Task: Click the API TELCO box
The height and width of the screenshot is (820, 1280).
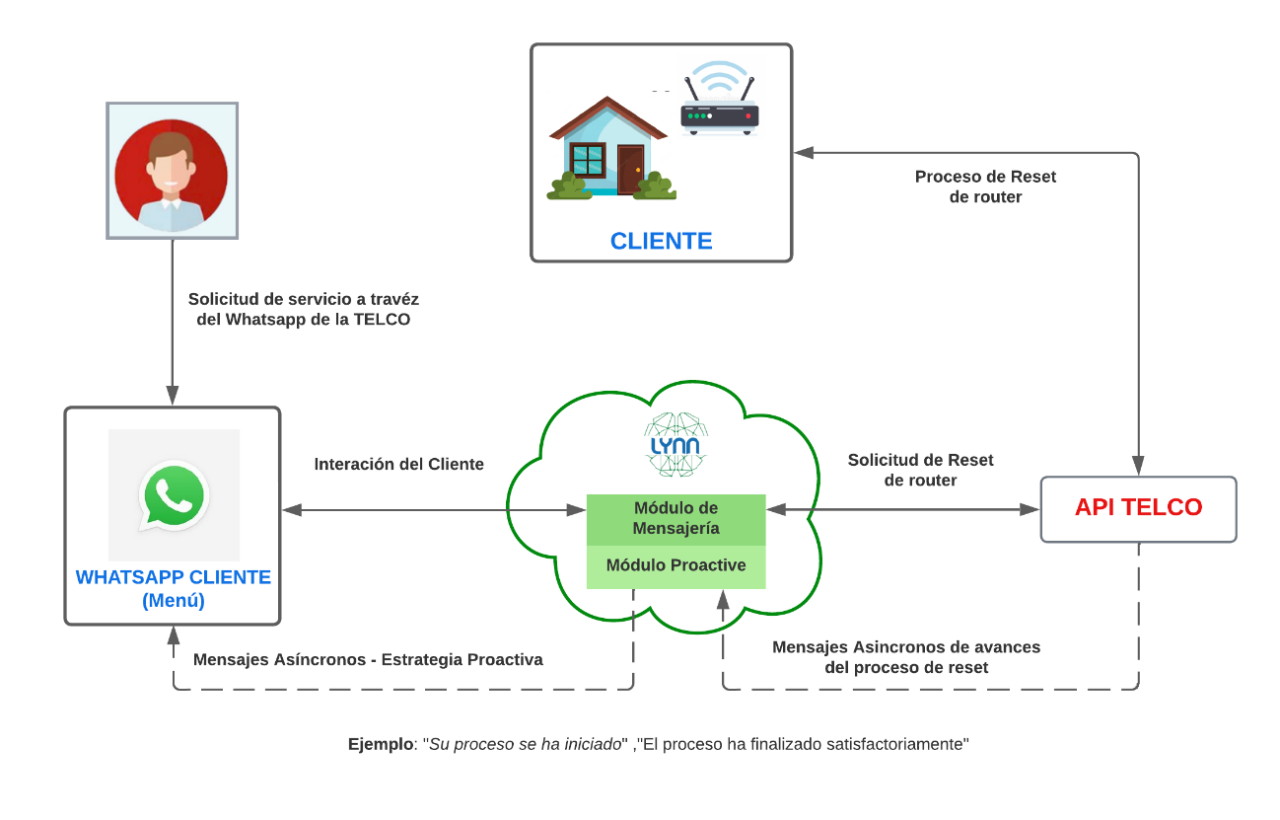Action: (1138, 508)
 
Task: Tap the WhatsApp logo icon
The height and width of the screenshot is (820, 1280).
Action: (174, 495)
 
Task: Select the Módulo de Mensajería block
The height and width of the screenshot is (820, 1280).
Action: (676, 519)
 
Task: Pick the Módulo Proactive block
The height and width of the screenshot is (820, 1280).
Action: (676, 566)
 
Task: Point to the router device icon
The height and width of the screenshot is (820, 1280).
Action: (720, 116)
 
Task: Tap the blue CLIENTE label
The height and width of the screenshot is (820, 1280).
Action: (661, 241)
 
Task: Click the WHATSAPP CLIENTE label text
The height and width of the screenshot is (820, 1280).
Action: (173, 577)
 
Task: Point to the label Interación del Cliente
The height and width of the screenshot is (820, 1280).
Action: (398, 464)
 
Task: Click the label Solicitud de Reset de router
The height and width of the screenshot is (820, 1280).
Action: (920, 470)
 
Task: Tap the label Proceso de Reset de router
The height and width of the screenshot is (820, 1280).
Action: (985, 186)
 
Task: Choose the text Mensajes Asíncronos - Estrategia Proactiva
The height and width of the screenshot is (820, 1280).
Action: (368, 659)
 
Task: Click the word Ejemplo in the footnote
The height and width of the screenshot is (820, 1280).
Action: (383, 744)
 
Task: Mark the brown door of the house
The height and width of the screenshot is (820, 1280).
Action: (630, 169)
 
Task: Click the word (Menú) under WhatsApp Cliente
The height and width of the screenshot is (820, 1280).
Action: (173, 600)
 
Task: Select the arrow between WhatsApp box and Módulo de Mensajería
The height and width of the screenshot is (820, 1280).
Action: (434, 510)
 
